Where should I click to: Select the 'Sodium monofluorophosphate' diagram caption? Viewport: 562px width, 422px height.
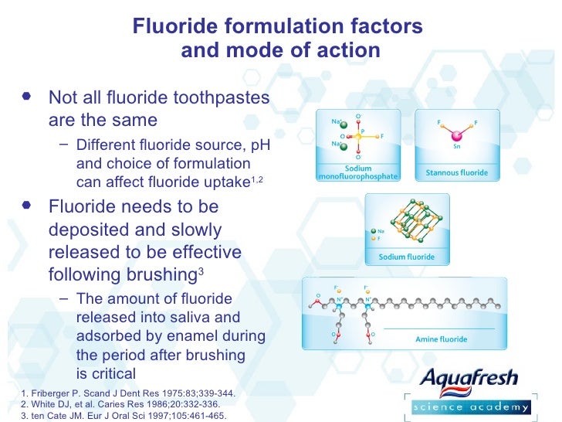(357, 172)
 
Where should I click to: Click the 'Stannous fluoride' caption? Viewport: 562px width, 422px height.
(457, 172)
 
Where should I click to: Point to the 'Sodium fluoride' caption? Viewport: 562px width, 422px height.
(405, 257)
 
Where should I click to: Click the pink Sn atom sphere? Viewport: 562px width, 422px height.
(456, 134)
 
